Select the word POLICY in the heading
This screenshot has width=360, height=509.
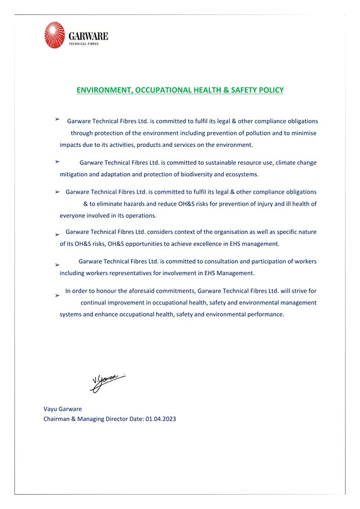coord(269,91)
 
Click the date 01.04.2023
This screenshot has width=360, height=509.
coord(161,419)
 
